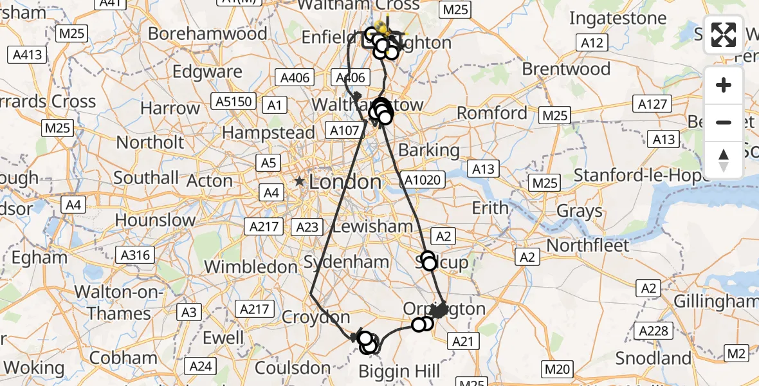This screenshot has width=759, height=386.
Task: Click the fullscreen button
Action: pos(724,35)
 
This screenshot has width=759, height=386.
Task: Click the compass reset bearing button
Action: pos(724,160)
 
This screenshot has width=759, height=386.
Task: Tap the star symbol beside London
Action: pos(299,182)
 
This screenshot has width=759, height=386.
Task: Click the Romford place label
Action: pos(491,113)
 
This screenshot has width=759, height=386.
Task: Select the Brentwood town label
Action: pos(566,69)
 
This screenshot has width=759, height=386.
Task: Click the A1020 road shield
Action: pos(424,179)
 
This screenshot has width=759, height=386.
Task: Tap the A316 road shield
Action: pos(135,255)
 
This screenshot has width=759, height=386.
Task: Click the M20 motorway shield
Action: pos(556,369)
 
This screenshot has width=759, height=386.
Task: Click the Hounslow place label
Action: pos(155,220)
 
